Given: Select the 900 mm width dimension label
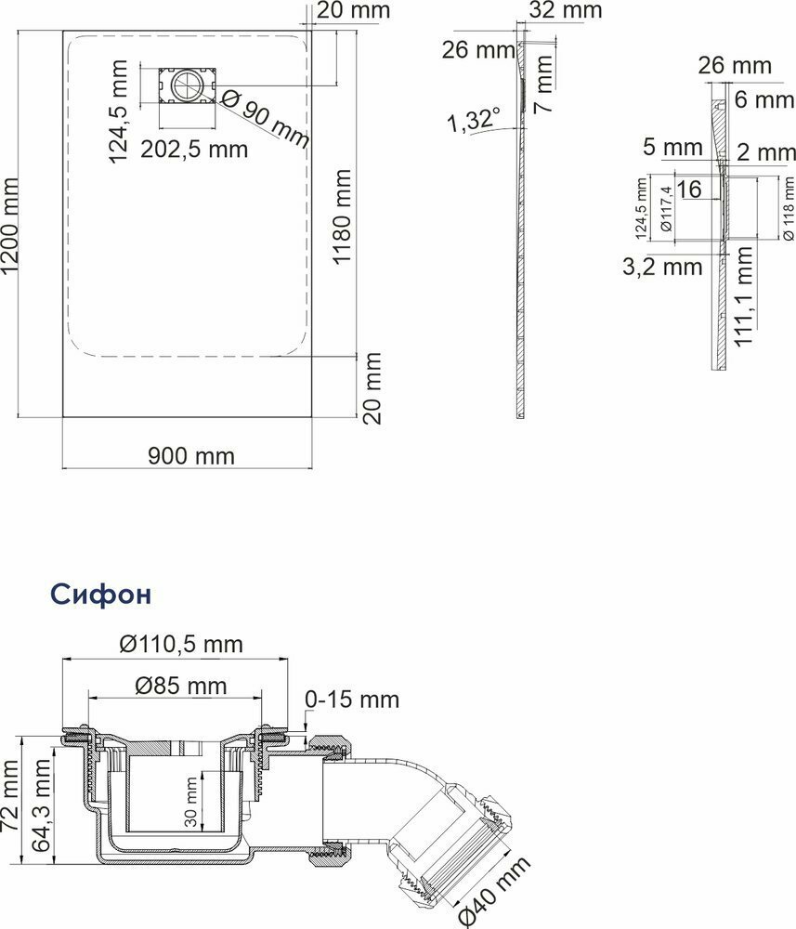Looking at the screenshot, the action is tap(191, 455).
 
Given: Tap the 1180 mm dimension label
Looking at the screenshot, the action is tap(343, 208).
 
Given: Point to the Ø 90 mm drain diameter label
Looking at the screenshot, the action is tap(266, 119).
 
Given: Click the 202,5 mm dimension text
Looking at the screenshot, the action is tap(194, 150).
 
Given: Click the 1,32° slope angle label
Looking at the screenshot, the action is tap(473, 119).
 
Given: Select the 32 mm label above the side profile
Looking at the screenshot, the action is tap(565, 9).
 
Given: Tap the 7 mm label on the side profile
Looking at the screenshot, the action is tap(543, 84).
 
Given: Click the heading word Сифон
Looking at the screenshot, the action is tap(100, 594).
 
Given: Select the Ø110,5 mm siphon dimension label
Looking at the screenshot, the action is tap(181, 644).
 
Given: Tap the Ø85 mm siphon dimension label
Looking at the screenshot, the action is tap(181, 686).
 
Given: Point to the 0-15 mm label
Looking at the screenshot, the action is tap(352, 700).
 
